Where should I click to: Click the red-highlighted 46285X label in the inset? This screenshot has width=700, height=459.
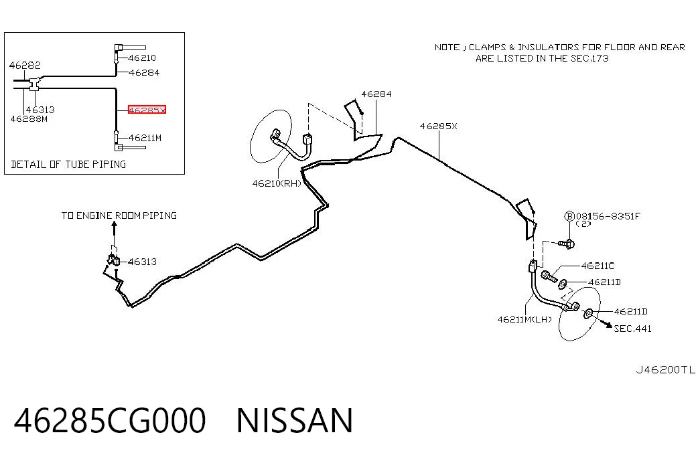click(147, 110)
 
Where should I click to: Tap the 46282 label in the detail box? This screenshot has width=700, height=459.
click(25, 65)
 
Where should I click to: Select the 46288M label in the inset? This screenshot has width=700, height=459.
click(29, 119)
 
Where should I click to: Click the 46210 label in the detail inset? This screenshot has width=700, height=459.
click(142, 58)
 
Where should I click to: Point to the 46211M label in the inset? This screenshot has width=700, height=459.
click(145, 138)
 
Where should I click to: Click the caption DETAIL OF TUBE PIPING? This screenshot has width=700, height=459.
click(68, 164)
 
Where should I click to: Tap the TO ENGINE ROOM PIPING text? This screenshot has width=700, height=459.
click(119, 215)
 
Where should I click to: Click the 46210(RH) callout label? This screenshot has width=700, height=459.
click(277, 183)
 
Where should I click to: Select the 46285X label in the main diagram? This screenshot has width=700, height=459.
click(438, 126)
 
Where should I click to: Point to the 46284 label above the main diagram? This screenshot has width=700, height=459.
click(376, 94)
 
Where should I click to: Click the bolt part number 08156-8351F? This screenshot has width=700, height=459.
click(608, 216)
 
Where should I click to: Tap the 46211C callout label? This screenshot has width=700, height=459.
click(598, 266)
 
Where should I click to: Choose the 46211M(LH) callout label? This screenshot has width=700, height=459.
click(524, 319)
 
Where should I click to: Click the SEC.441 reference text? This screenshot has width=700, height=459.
click(632, 329)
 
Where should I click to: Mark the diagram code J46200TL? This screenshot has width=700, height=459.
click(666, 370)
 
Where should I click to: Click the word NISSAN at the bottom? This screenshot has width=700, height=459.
click(295, 420)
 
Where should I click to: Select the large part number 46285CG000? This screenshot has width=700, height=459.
click(110, 420)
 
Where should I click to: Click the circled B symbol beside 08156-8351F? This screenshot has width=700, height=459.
click(569, 216)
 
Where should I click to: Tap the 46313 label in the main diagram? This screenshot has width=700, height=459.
click(143, 262)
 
